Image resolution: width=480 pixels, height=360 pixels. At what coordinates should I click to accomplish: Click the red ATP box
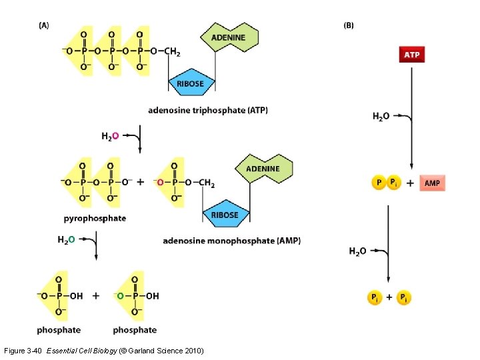411,54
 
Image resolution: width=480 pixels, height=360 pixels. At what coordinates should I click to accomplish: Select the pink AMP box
432,183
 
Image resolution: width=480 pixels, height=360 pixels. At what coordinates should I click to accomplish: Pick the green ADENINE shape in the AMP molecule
263,169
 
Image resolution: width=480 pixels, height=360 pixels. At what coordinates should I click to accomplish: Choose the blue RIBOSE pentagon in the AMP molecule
225,214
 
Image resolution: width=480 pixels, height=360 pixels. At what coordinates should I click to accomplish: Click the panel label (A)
44,25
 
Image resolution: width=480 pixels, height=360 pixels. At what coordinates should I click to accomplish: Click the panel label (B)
349,25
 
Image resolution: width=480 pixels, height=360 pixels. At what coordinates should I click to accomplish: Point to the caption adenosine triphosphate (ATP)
208,110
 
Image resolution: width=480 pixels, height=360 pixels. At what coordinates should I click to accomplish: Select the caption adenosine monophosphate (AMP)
231,240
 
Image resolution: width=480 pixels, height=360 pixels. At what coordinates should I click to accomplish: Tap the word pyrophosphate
95,218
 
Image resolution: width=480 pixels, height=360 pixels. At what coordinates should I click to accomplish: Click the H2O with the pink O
111,136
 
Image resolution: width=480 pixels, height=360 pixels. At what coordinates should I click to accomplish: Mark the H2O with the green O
66,239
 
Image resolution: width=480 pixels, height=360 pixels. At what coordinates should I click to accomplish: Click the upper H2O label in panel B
381,116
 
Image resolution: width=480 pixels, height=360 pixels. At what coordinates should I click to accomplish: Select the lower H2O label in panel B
357,251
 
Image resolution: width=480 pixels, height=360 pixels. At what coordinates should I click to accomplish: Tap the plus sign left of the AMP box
409,183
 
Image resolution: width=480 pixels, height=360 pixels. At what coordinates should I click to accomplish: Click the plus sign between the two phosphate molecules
96,295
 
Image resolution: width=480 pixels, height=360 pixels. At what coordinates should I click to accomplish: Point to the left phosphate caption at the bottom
59,329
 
